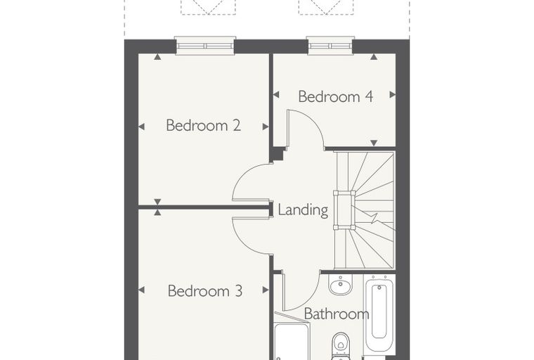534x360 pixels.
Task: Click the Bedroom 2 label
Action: click(x=203, y=125)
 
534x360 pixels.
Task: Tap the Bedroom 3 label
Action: click(x=205, y=291)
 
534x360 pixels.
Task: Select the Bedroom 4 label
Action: click(x=335, y=96)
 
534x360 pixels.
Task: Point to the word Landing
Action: click(x=303, y=210)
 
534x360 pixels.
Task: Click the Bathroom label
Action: click(x=337, y=314)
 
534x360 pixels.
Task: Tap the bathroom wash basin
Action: click(x=340, y=284)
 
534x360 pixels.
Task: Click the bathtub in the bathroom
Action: click(x=379, y=311)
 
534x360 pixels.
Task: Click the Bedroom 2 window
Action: click(x=205, y=45)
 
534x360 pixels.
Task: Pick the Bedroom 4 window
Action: click(x=330, y=45)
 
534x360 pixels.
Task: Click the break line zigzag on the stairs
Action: click(x=375, y=218)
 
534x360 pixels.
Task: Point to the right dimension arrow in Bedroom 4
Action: click(x=393, y=94)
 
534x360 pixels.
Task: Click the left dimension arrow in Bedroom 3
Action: click(x=141, y=290)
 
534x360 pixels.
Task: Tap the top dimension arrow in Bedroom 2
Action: click(x=157, y=57)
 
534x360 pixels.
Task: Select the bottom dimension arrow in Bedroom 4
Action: click(x=374, y=143)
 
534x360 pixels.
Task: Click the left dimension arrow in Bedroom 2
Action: click(x=141, y=127)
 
